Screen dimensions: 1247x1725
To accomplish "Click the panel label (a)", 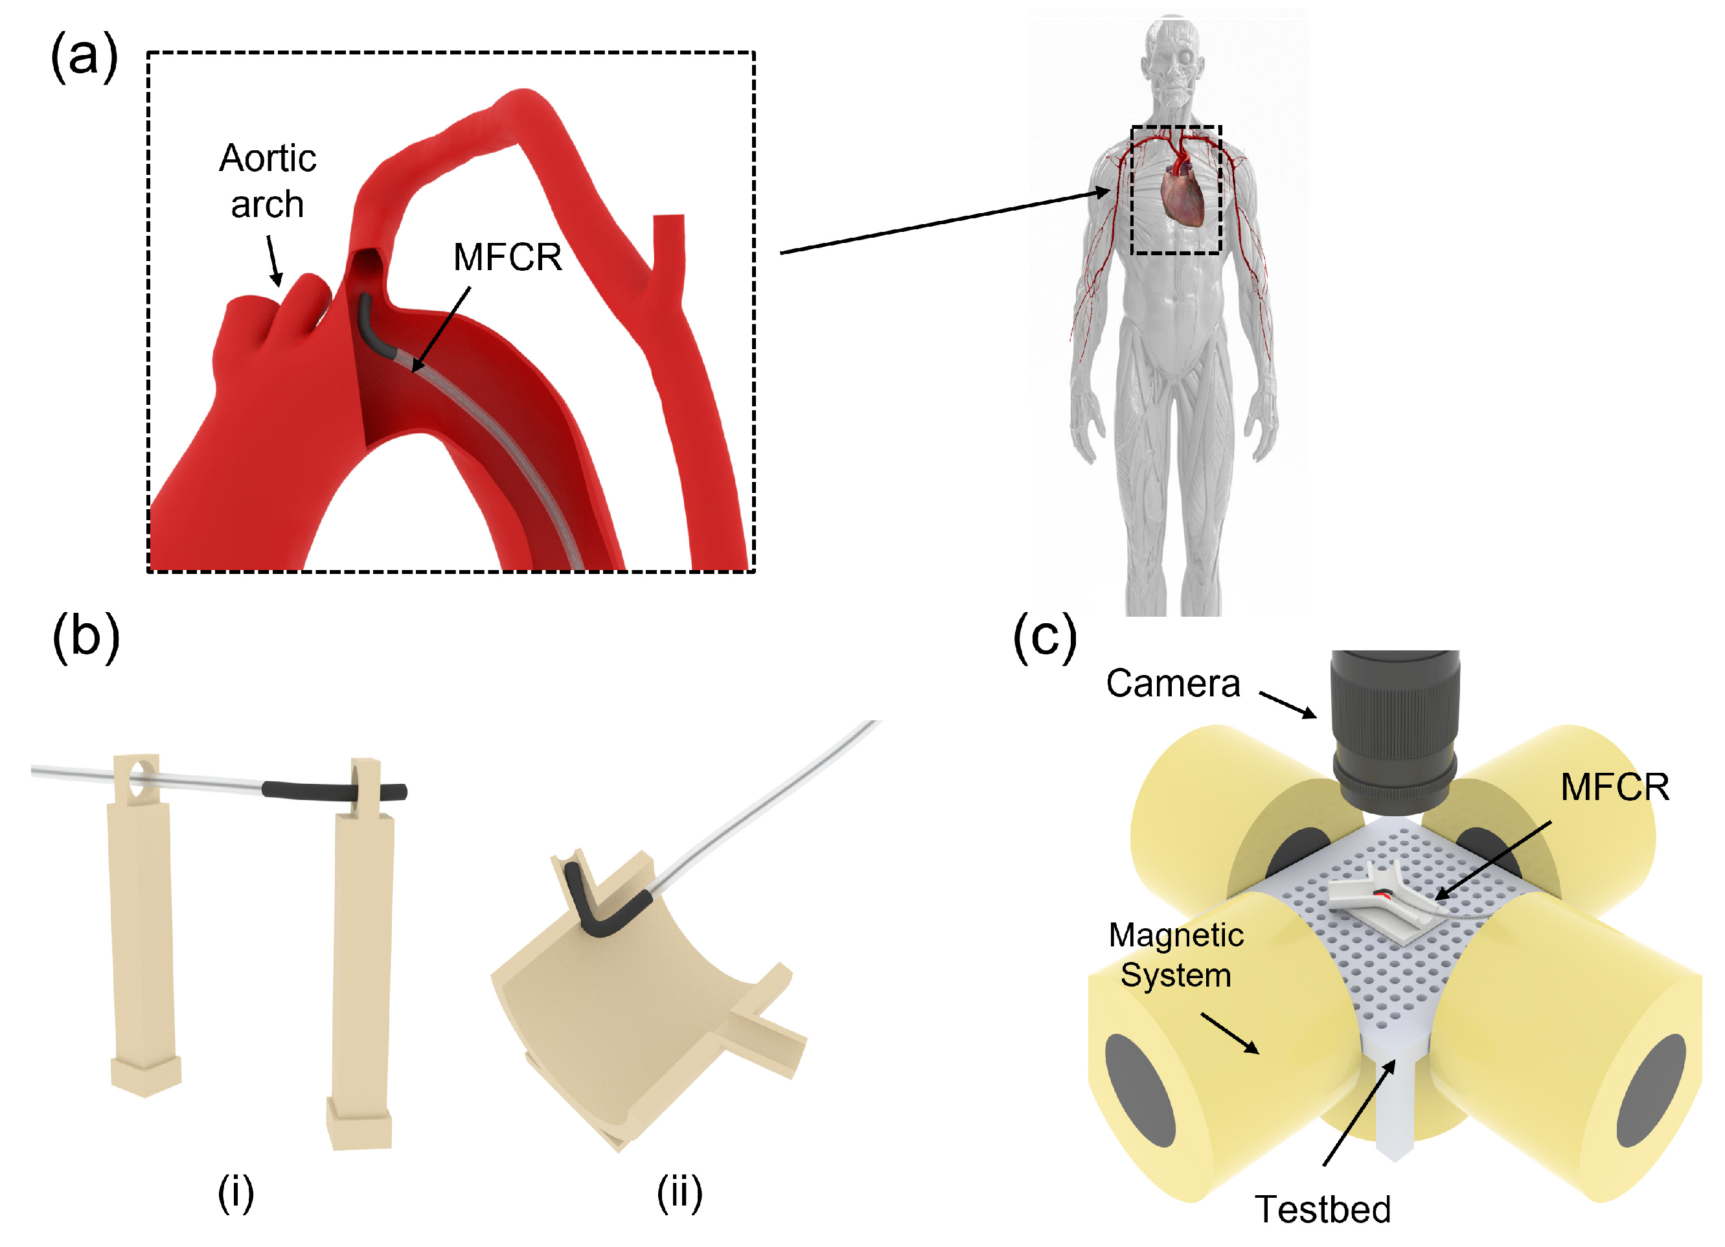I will click(84, 58).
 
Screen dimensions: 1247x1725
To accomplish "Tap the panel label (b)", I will click(86, 637).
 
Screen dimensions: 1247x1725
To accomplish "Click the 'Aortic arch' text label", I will click(268, 181).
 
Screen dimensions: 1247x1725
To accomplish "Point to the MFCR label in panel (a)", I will click(507, 257).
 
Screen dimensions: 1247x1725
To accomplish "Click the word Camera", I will click(1173, 683).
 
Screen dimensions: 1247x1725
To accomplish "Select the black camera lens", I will click(1395, 731).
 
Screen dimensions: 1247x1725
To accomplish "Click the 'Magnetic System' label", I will click(1176, 955).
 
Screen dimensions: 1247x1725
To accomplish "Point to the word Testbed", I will click(1323, 1209).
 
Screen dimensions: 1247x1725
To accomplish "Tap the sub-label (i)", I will click(236, 1193).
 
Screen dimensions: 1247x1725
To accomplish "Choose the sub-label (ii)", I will click(680, 1193).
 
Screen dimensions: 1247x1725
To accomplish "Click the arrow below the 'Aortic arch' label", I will click(274, 260).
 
